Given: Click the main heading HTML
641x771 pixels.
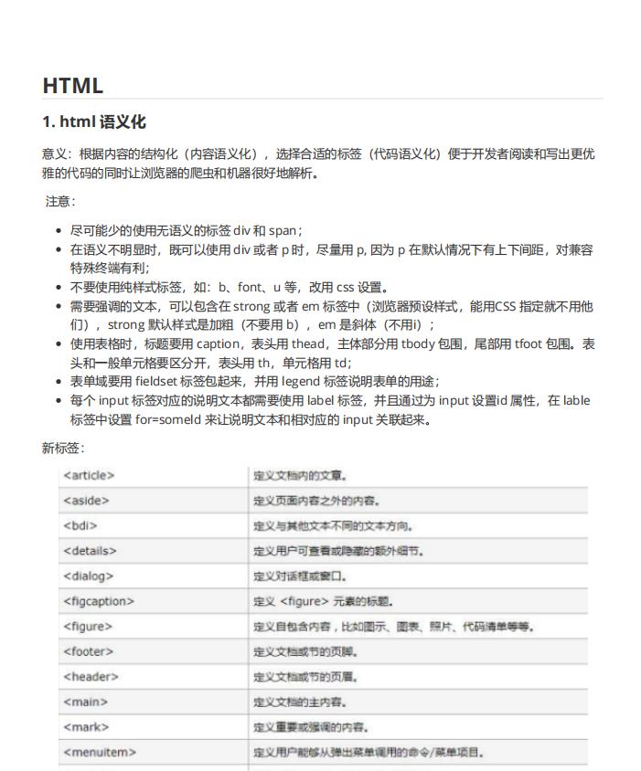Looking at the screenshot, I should (x=73, y=86).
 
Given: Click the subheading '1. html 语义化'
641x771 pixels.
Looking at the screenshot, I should (x=94, y=122).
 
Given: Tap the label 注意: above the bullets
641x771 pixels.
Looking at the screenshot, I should (x=60, y=201).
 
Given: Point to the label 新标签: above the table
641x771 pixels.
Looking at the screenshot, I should (x=63, y=448).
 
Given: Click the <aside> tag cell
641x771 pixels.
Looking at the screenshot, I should (x=86, y=501).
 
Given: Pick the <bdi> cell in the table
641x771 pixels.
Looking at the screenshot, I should (x=80, y=525).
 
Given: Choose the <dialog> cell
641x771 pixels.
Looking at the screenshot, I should (x=89, y=576).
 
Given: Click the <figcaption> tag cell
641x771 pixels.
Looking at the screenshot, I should (x=99, y=601).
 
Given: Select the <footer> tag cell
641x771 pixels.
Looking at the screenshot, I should (x=89, y=651).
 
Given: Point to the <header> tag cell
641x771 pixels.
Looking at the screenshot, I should (x=91, y=677).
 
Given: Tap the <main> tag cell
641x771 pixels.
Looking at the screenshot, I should (x=85, y=702).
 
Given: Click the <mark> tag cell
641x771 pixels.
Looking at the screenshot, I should (x=86, y=727).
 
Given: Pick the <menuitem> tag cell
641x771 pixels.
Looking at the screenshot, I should (x=100, y=752).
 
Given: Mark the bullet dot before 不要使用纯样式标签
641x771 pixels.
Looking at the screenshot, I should (x=59, y=287).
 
